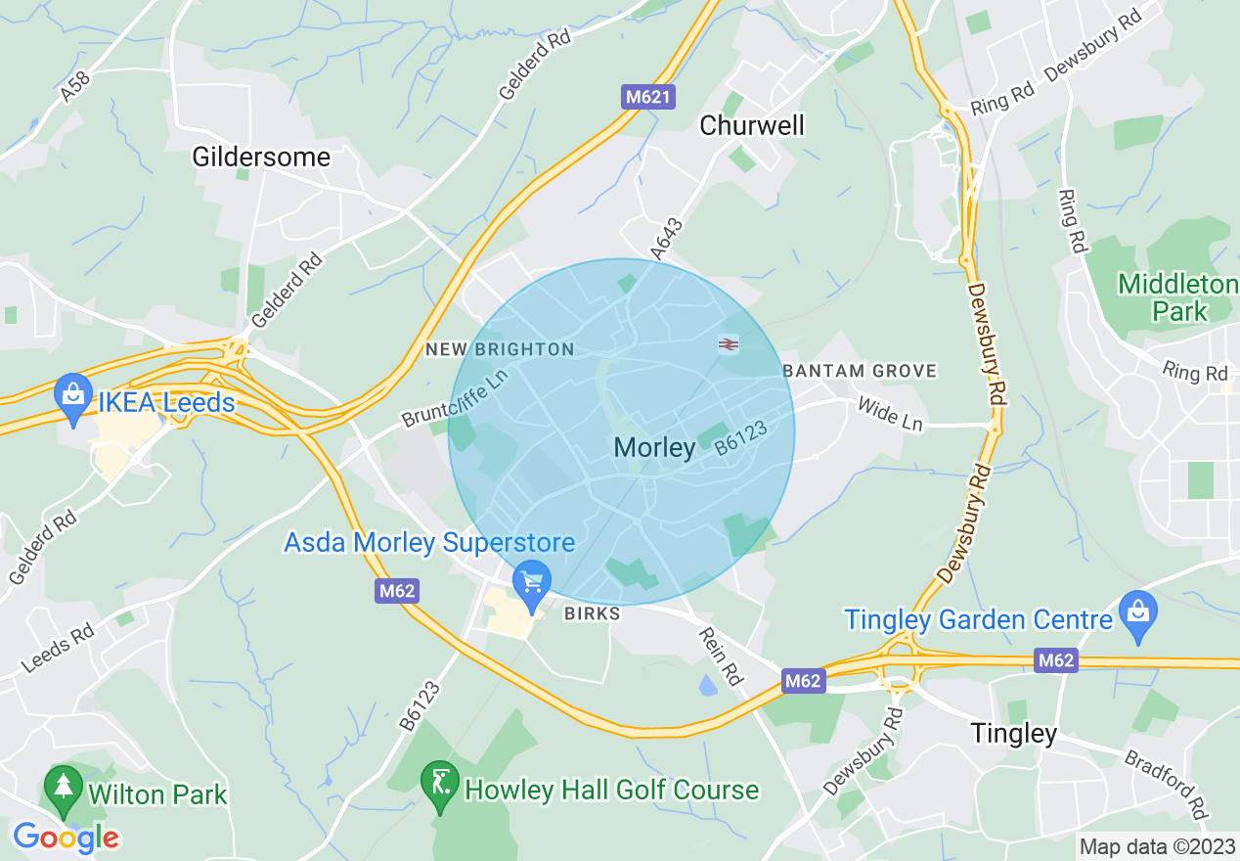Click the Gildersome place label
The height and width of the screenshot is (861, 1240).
tap(261, 157)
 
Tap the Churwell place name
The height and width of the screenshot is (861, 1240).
tap(752, 125)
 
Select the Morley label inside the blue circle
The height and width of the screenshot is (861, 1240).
tap(654, 448)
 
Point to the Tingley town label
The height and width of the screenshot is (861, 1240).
tap(1014, 733)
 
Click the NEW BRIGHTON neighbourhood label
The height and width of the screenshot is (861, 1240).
tap(500, 349)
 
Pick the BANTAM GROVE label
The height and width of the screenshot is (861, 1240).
tap(860, 371)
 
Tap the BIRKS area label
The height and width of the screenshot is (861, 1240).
tap(593, 613)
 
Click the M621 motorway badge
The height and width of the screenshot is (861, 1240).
tap(648, 97)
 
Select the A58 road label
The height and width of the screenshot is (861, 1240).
tap(74, 86)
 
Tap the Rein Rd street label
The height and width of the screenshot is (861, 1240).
tap(720, 656)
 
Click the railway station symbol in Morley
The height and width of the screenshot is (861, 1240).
tap(728, 343)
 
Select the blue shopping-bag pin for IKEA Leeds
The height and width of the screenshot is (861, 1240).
tap(72, 395)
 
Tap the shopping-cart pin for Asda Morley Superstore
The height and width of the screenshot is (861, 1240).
tap(532, 583)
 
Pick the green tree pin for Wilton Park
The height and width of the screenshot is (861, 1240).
tap(64, 787)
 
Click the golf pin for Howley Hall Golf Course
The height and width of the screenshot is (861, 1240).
tap(439, 783)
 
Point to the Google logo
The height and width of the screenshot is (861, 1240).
tap(66, 838)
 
